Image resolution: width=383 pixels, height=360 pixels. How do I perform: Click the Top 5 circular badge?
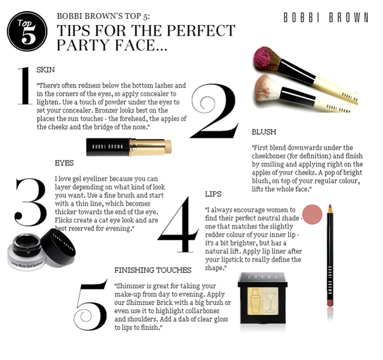pyautogui.click(x=27, y=31)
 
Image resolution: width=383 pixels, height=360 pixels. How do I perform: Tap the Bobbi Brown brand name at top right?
pyautogui.click(x=326, y=18)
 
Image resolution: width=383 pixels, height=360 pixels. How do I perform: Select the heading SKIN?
pyautogui.click(x=46, y=70)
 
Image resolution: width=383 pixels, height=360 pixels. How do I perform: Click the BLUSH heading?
pyautogui.click(x=264, y=132)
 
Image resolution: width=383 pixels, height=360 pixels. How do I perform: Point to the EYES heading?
pyautogui.click(x=64, y=163)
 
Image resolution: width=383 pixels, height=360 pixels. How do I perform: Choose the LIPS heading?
pyautogui.click(x=213, y=194)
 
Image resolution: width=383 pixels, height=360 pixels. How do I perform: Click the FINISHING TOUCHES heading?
pyautogui.click(x=153, y=270)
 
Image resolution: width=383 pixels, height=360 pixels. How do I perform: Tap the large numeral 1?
pyautogui.click(x=25, y=86)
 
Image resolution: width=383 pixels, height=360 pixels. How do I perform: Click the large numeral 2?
pyautogui.click(x=214, y=111)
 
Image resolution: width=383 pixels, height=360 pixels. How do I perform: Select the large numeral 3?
pyautogui.click(x=30, y=202)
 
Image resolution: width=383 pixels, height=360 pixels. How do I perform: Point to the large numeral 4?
pyautogui.click(x=178, y=224)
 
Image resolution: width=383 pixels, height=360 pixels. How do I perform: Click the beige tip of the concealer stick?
pyautogui.click(x=168, y=147)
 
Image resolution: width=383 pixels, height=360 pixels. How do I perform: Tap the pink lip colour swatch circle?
pyautogui.click(x=312, y=214)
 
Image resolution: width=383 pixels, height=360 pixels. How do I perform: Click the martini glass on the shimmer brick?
pyautogui.click(x=270, y=301)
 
